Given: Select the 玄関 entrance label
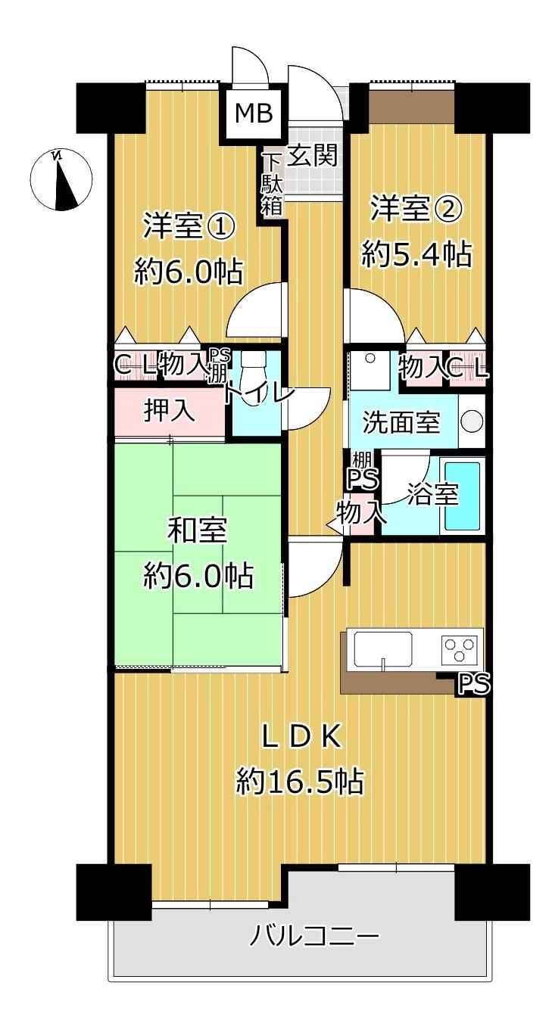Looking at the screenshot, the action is click(313, 155).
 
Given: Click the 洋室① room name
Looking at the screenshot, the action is click(189, 225).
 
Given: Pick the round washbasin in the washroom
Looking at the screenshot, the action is click(472, 421).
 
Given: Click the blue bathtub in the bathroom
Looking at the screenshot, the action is click(462, 496).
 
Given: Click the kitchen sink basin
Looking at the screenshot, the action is click(382, 649).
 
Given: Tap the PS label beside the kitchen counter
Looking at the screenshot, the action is click(474, 684).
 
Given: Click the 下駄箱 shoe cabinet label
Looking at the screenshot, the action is click(271, 184).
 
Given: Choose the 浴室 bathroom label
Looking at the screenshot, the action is click(433, 494).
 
